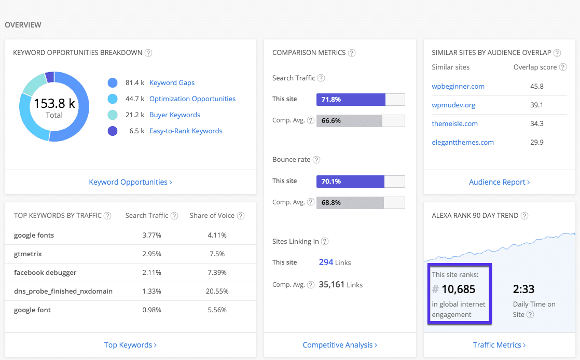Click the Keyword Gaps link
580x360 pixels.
172,82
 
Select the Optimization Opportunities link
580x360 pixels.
192,99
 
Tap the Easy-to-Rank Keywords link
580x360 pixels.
186,131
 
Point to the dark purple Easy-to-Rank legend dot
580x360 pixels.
113,131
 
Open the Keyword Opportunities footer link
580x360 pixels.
130,182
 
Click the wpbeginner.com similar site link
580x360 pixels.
458,86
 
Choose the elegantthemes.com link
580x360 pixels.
463,142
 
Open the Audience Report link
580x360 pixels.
499,182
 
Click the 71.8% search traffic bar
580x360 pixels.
351,100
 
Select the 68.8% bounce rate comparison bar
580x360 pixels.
350,202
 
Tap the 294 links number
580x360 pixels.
326,262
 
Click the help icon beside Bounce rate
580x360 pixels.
316,160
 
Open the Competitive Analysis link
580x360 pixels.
339,345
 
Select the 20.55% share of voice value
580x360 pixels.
216,291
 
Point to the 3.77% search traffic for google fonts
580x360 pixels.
151,235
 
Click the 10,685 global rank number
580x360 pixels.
458,289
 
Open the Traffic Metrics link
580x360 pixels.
499,345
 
